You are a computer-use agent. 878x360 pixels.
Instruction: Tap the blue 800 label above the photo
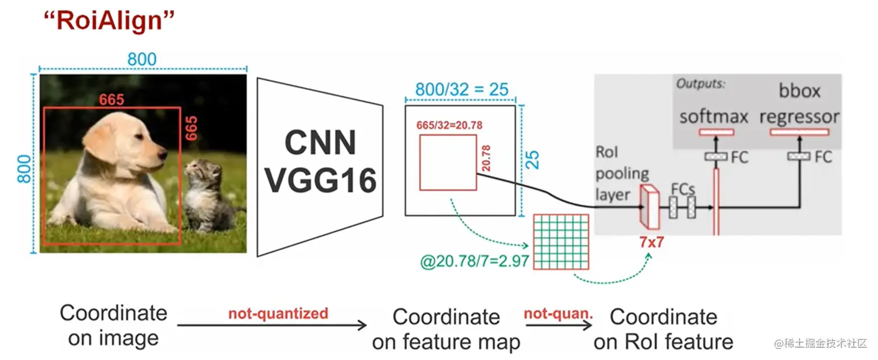(142, 60)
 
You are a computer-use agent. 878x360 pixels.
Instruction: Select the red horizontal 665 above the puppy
(111, 100)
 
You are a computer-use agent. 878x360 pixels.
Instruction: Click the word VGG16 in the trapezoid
(321, 181)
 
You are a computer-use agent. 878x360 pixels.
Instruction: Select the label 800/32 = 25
(462, 90)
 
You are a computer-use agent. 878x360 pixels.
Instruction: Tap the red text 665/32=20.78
(449, 125)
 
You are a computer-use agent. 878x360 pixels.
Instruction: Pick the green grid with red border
(561, 242)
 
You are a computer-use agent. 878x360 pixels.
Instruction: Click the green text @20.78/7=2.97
(474, 261)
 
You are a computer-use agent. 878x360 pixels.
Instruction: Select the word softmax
(714, 117)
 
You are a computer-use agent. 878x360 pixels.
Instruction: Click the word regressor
(799, 117)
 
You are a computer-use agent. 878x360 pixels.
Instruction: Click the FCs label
(683, 189)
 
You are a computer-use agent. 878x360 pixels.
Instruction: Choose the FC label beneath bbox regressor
(823, 157)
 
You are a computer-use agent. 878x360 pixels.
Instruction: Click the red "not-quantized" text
(278, 314)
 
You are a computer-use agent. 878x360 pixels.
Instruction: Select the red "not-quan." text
(559, 314)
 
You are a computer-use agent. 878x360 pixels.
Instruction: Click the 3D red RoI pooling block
(650, 207)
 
